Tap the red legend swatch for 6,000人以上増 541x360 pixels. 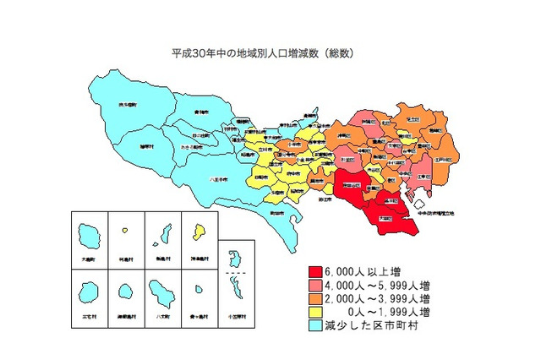pos(314,272)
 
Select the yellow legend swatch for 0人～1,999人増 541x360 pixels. pos(314,313)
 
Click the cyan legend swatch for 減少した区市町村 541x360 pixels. pos(314,326)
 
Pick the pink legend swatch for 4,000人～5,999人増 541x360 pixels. pos(314,286)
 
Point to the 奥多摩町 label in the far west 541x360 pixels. pos(128,106)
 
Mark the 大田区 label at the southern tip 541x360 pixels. pos(384,218)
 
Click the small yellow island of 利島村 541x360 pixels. pos(125,230)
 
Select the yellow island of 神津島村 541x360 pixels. pos(199,230)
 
